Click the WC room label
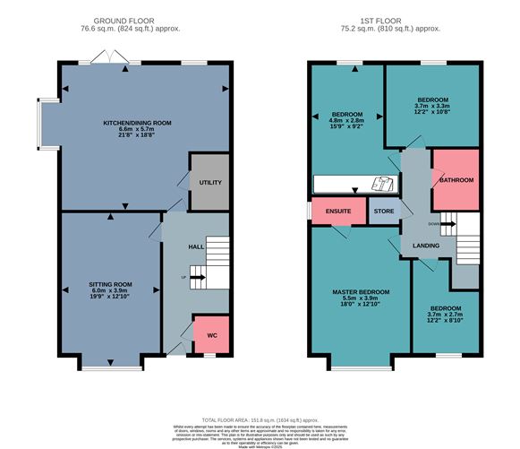212,336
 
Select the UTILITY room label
209,182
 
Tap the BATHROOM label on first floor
456,180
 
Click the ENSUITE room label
337,212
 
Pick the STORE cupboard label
383,212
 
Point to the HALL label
197,246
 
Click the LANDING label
427,246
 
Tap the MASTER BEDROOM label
361,292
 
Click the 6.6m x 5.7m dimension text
143,129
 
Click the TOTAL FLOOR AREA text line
260,419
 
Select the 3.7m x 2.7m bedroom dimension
445,315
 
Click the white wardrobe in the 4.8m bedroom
354,184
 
